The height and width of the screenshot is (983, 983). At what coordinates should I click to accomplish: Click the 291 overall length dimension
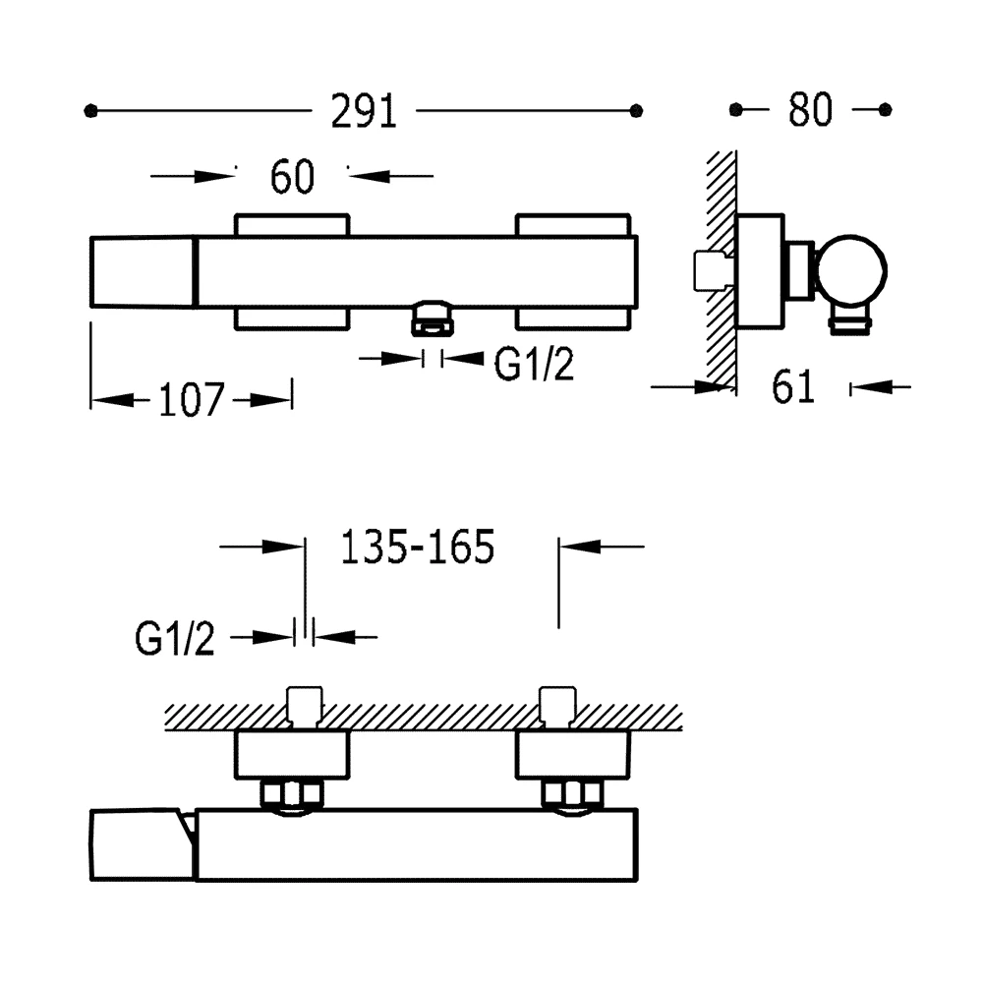[x=364, y=112]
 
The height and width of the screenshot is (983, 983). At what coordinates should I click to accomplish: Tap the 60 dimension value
[x=292, y=176]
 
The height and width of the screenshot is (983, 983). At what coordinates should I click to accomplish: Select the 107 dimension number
[x=192, y=400]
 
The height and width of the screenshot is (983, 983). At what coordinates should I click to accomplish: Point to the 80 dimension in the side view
[x=810, y=110]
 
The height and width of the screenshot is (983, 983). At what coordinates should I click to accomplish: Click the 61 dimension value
[x=793, y=386]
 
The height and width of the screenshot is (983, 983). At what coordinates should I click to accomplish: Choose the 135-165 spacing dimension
[x=418, y=548]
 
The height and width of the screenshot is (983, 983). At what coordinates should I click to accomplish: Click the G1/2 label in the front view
[x=534, y=364]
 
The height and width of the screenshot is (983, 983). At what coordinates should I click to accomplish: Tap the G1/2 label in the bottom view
[x=175, y=639]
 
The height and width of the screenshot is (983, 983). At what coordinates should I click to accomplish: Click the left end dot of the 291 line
[x=90, y=111]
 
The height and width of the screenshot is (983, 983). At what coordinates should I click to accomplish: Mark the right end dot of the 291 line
[x=636, y=111]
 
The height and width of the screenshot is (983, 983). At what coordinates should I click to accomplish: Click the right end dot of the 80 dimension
[x=886, y=110]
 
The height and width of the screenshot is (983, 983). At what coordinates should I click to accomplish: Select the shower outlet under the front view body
[x=432, y=318]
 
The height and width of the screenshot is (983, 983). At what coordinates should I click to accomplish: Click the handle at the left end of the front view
[x=144, y=272]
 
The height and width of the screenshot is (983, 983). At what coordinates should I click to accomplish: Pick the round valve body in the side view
[x=851, y=271]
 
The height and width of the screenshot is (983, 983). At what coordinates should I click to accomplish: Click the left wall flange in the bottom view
[x=292, y=755]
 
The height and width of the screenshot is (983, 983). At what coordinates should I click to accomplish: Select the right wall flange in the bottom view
[x=572, y=755]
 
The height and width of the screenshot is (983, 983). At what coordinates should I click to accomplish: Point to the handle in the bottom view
[x=143, y=845]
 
